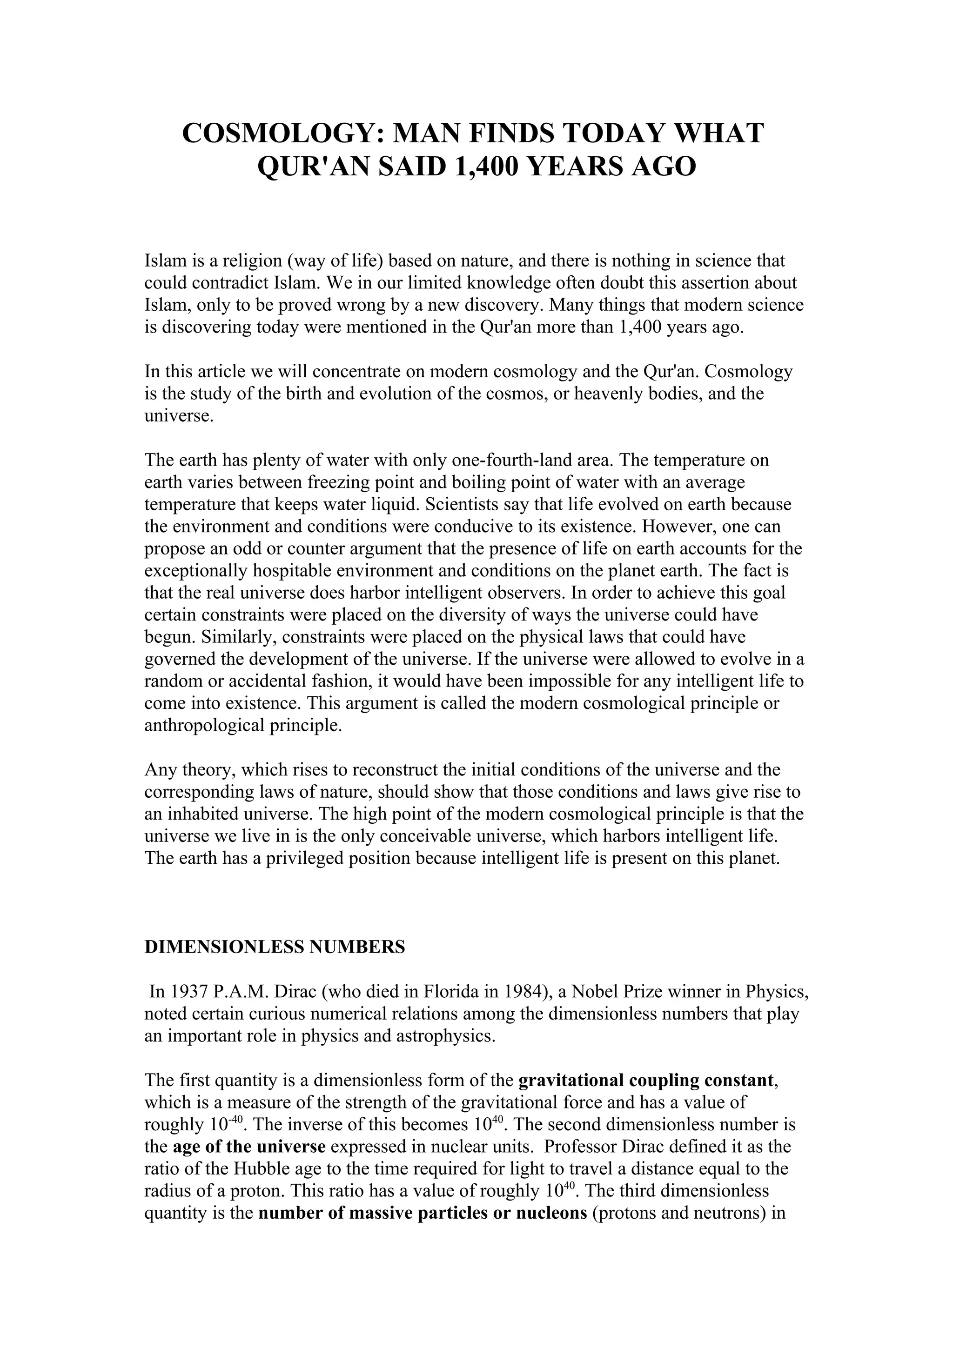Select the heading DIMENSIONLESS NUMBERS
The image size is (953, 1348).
[275, 947]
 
